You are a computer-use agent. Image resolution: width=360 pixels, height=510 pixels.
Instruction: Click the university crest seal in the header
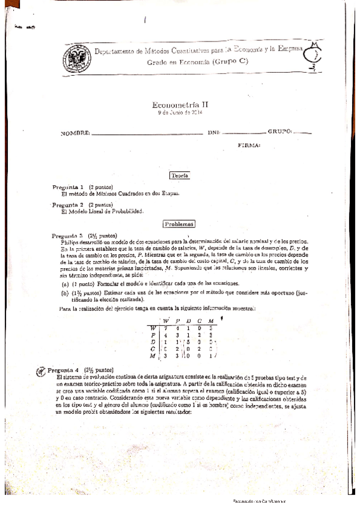tap(75, 58)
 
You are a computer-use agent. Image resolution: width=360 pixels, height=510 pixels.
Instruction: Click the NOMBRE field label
tap(75, 133)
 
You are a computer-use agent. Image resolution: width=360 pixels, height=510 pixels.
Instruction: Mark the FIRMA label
tap(249, 145)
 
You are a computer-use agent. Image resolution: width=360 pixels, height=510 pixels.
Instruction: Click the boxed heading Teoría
tap(180, 175)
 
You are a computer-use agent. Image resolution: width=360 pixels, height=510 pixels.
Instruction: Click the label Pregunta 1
tap(68, 187)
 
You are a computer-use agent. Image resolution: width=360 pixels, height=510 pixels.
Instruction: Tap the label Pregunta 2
tap(68, 205)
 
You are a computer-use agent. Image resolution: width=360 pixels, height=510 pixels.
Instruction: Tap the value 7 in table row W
tap(165, 328)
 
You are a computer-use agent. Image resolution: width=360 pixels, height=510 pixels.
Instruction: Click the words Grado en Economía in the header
tap(172, 62)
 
